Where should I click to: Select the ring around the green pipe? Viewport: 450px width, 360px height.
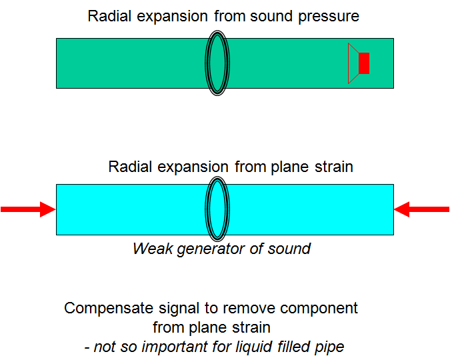217,63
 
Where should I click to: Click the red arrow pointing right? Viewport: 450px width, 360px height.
28,209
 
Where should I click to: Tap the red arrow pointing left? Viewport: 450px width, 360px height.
421,209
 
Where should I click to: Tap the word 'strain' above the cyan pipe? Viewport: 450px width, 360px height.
331,167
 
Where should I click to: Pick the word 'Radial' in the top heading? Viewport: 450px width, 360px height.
109,16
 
